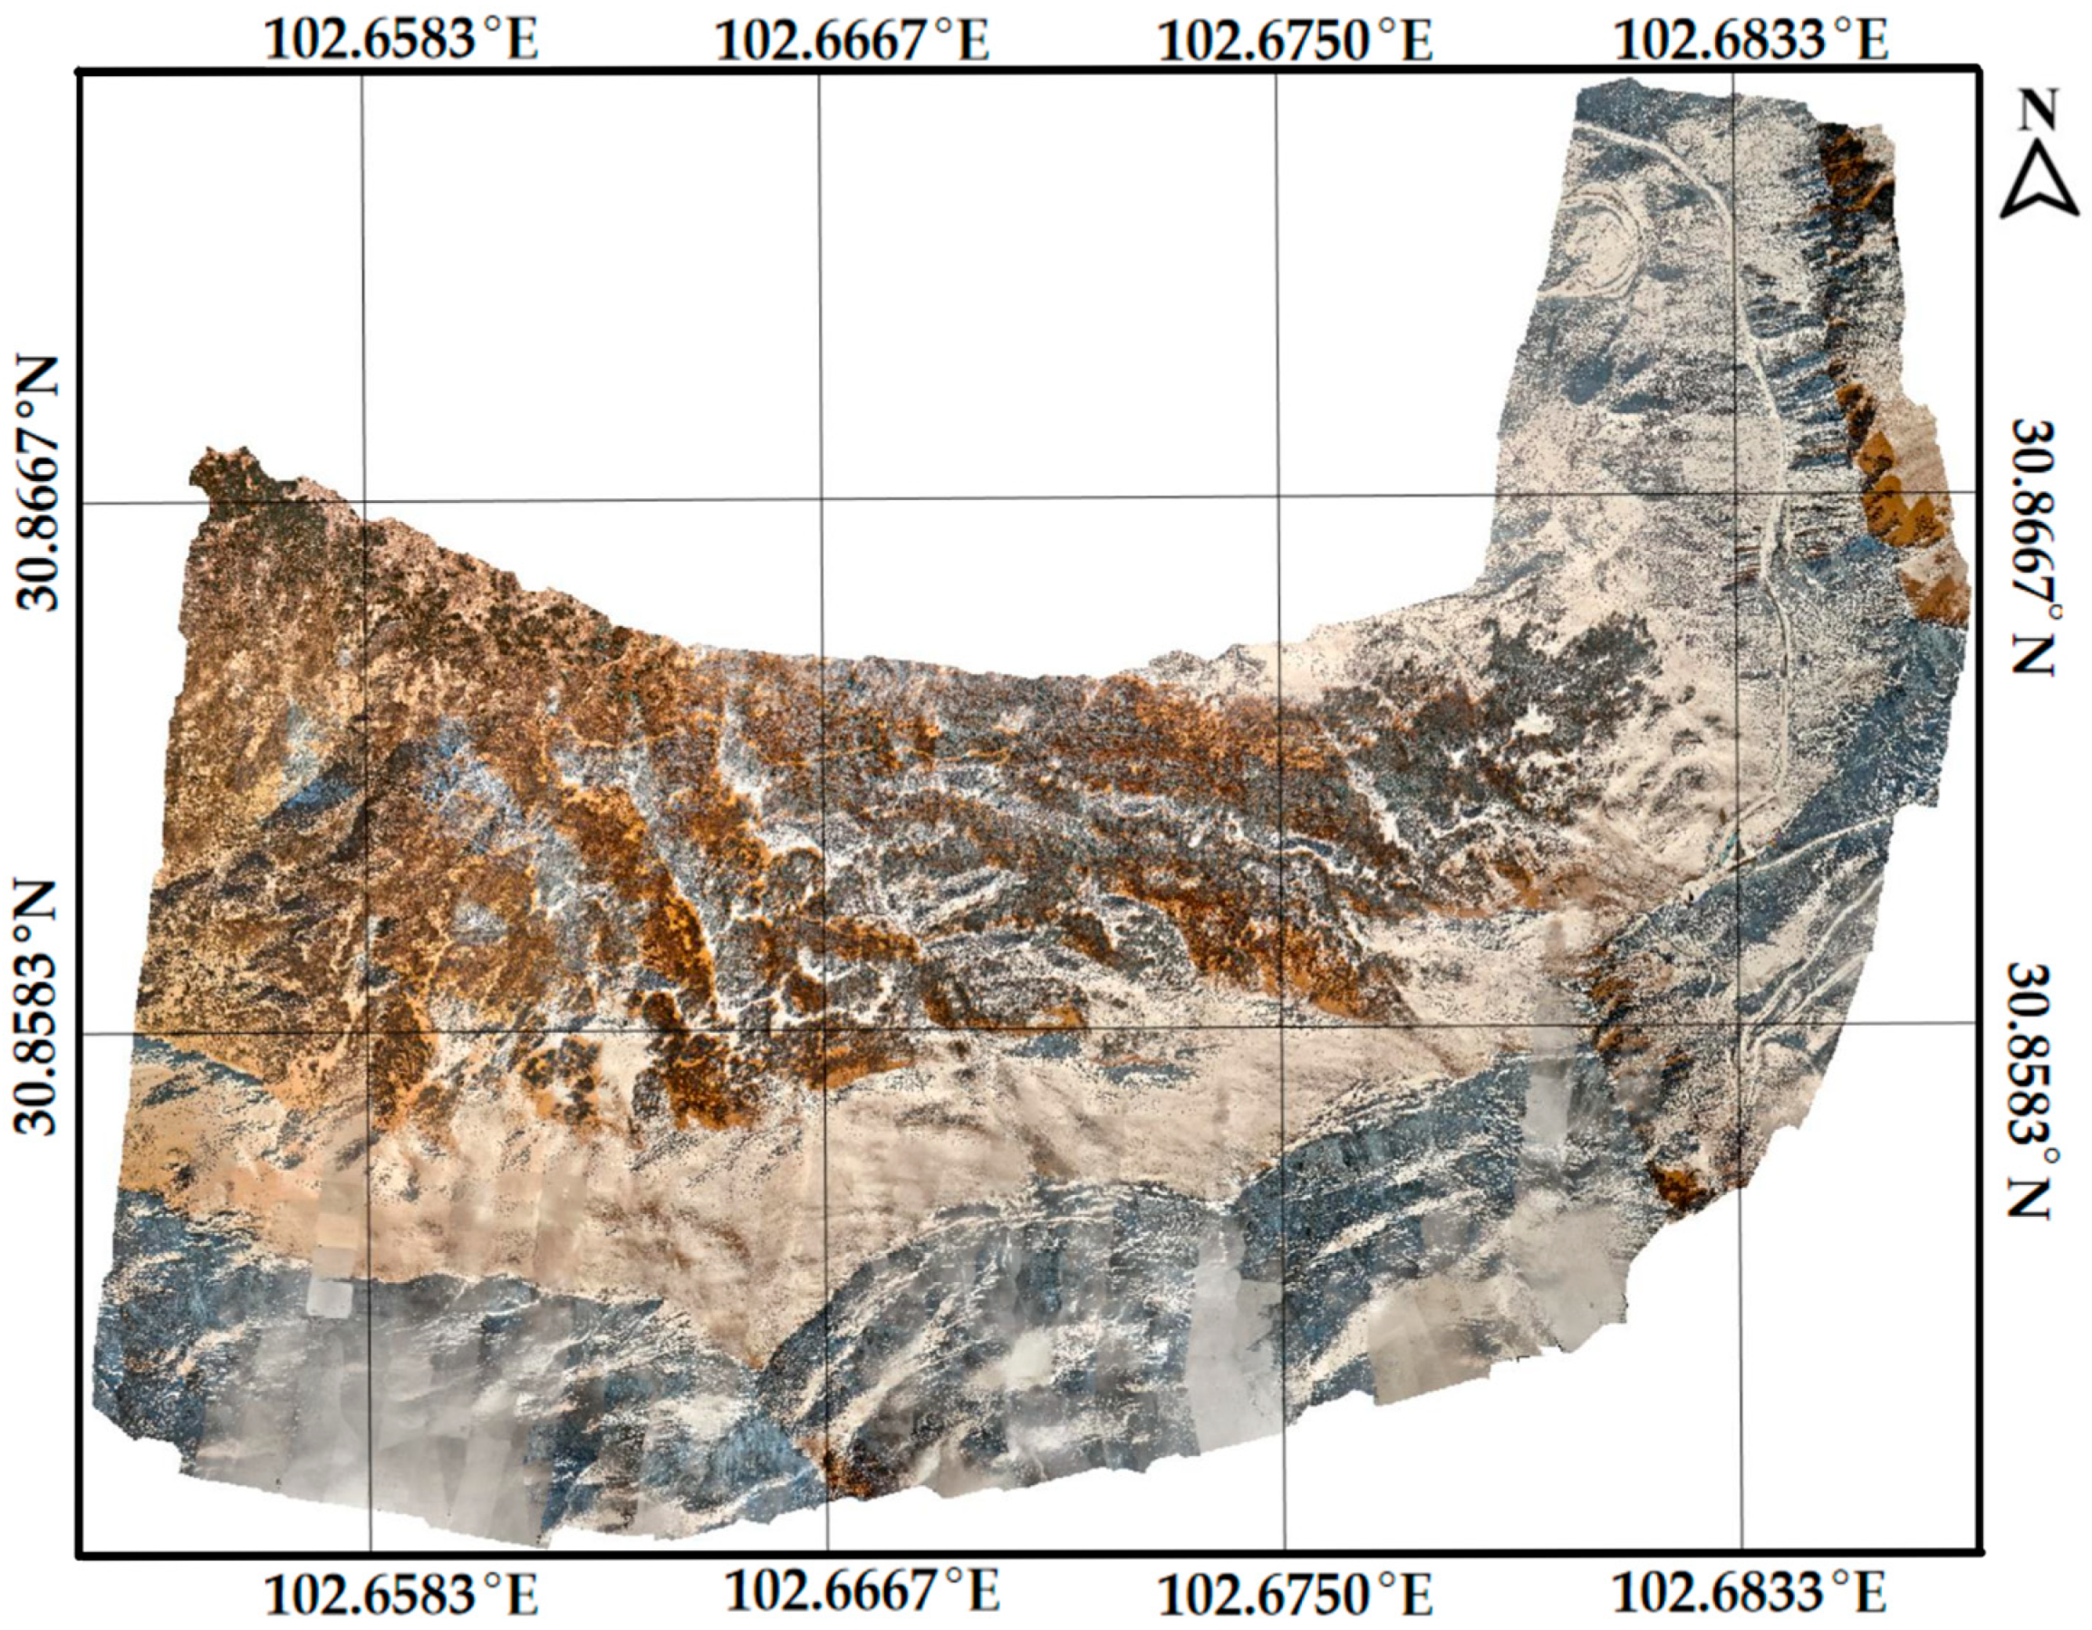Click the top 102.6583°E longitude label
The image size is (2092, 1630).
(400, 41)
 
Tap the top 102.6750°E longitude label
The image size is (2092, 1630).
(1296, 41)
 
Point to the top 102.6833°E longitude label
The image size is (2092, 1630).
(1751, 41)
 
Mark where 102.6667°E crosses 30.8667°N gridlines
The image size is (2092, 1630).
(821, 499)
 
